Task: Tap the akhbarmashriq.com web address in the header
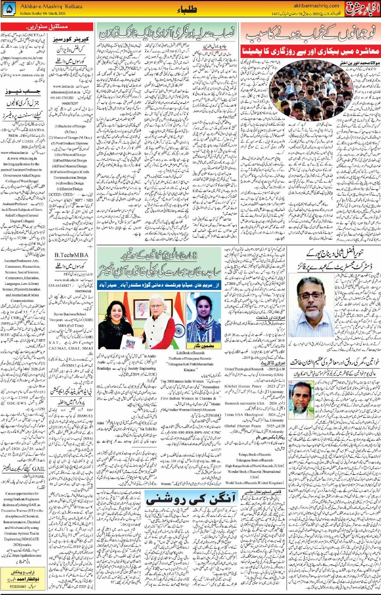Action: (x=316, y=6)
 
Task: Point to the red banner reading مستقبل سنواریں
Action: (x=47, y=27)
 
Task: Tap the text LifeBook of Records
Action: (x=190, y=353)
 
